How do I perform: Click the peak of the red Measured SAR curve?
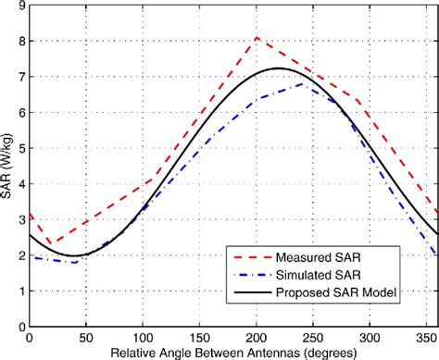[257, 38]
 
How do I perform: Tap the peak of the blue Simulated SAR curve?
[306, 83]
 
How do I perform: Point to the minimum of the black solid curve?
[72, 255]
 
